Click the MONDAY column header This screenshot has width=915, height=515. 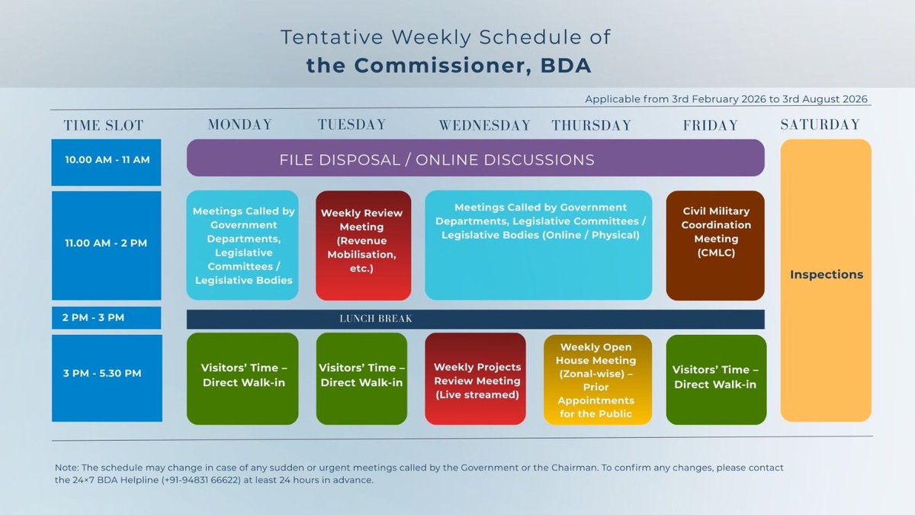point(239,124)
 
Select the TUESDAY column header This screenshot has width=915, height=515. point(352,124)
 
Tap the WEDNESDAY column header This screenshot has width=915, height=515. point(484,125)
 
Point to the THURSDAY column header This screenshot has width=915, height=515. point(591,125)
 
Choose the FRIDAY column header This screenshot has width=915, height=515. point(711,125)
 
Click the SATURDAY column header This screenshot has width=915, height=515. point(820,124)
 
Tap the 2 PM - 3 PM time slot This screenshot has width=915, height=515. point(107,317)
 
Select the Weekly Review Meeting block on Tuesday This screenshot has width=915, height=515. point(362,245)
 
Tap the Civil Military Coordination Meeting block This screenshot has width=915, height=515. point(715,245)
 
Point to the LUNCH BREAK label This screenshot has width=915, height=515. point(376,319)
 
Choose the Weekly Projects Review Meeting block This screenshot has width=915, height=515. point(476,379)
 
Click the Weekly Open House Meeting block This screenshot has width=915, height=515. point(597,379)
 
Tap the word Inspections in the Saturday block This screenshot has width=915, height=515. point(827,275)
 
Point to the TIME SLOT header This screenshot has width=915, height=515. point(104,126)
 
